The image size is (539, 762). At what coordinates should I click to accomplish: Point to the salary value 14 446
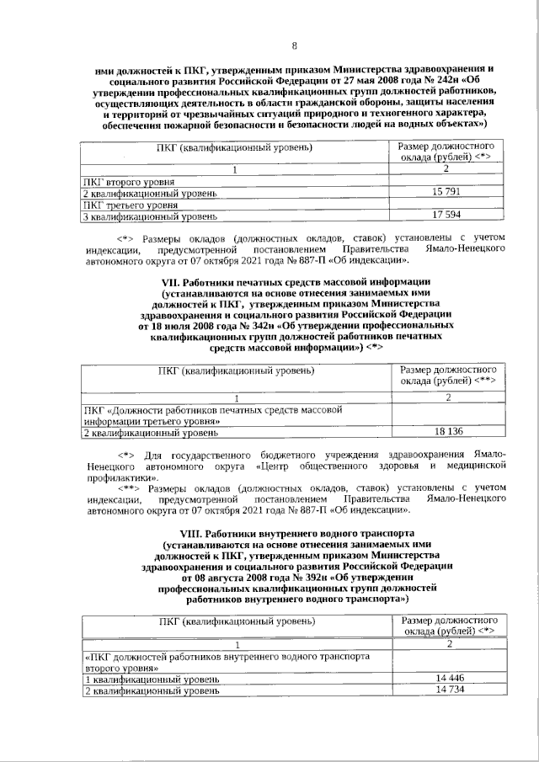(x=451, y=678)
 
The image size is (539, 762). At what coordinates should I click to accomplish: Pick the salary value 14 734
(x=451, y=690)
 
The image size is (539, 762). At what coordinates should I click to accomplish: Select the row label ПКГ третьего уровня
(x=130, y=205)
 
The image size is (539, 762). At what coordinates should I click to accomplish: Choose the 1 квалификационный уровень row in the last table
(x=152, y=679)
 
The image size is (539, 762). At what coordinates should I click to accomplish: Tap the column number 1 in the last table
(x=237, y=644)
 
